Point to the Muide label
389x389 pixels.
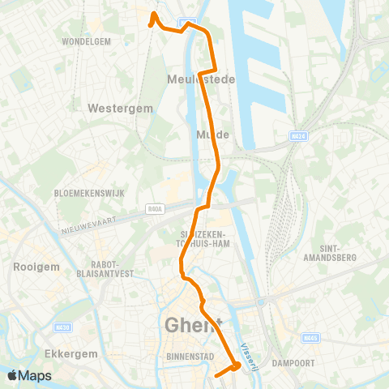coord(213,135)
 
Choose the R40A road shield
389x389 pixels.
coord(156,208)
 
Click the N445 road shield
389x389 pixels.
coord(310,337)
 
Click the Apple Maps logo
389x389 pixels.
coord(30,375)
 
